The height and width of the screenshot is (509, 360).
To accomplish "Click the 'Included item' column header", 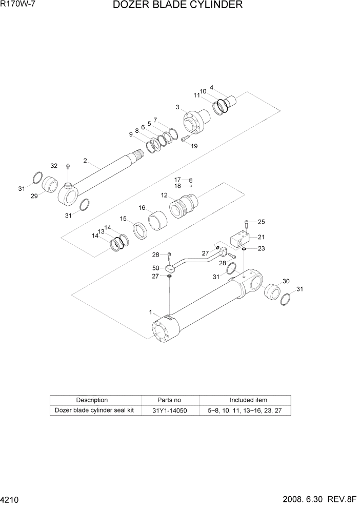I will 245,400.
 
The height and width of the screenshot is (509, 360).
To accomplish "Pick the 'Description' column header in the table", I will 92,400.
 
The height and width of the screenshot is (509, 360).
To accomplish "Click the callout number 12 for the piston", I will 164,195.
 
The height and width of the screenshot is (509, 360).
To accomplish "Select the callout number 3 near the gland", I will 177,107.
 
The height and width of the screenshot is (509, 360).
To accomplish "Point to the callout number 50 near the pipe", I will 155,268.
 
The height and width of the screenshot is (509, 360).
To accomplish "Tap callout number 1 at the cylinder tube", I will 150,311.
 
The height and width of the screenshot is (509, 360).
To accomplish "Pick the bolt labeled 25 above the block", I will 247,223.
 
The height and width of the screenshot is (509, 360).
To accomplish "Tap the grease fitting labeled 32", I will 67,166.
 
